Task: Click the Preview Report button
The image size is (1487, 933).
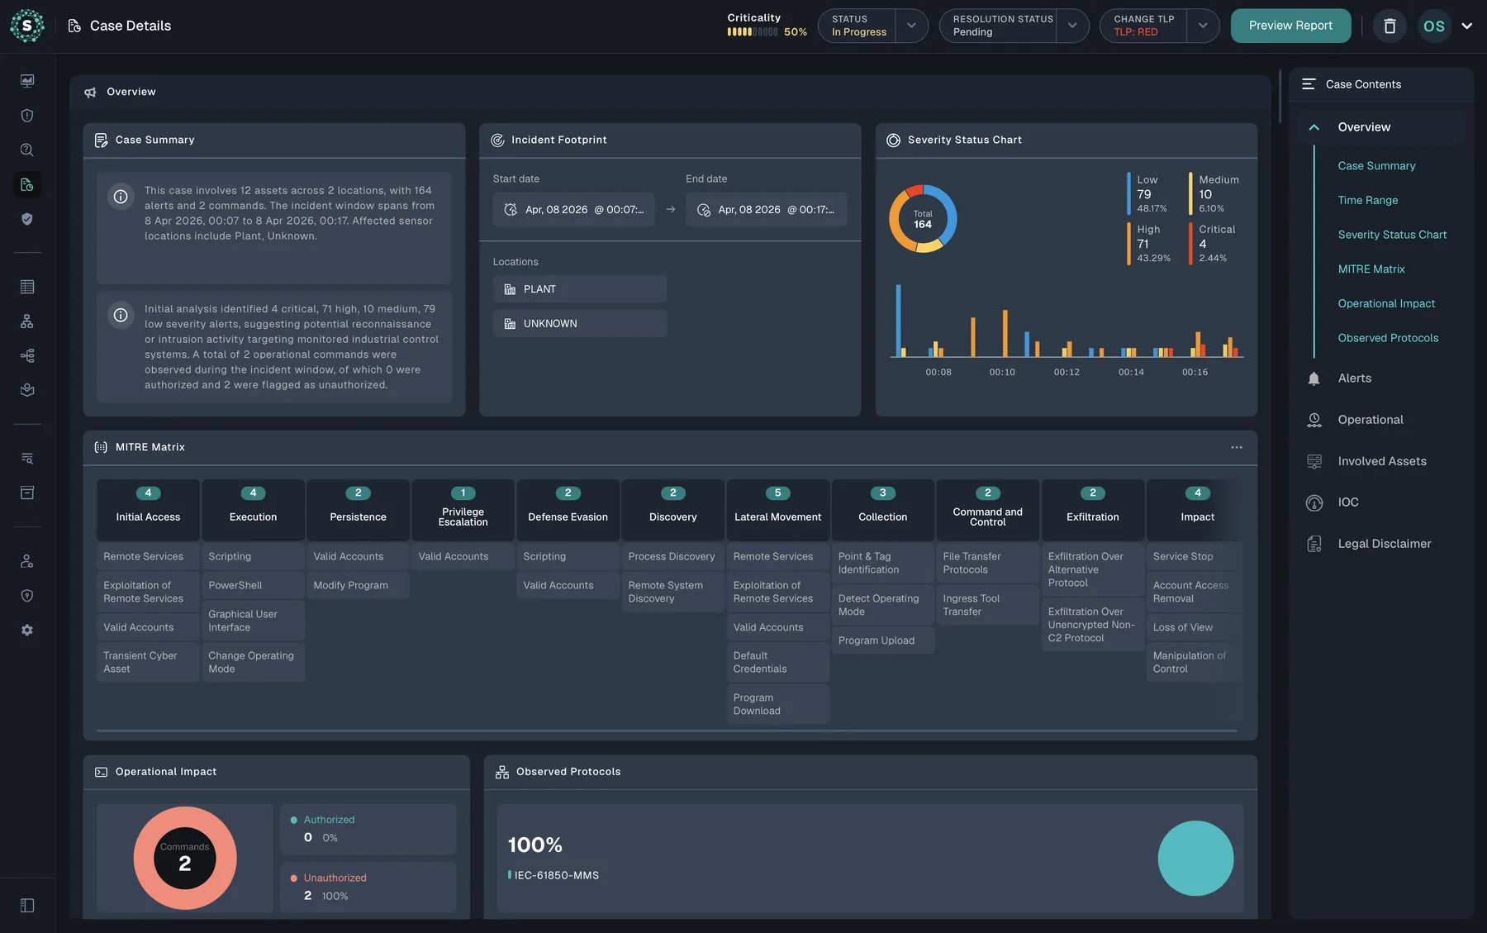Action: pyautogui.click(x=1290, y=26)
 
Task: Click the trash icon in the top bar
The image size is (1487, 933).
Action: pyautogui.click(x=1390, y=26)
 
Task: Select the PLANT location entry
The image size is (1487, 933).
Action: pyautogui.click(x=580, y=289)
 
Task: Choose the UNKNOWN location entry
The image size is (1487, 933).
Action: pyautogui.click(x=580, y=324)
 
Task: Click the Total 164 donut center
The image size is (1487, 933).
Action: pyautogui.click(x=923, y=219)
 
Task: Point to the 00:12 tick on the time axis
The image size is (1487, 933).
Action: pyautogui.click(x=1067, y=372)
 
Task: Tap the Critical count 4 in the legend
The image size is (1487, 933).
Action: pyautogui.click(x=1203, y=244)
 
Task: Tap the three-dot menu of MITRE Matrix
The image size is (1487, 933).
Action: pyautogui.click(x=1237, y=447)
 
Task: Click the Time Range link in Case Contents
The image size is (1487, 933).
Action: pyautogui.click(x=1368, y=200)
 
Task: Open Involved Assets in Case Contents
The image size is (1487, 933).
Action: pyautogui.click(x=1382, y=461)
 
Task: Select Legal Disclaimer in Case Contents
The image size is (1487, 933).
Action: pyautogui.click(x=1385, y=544)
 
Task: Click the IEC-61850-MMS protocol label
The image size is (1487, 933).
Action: pyautogui.click(x=557, y=875)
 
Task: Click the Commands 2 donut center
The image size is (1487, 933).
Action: pyautogui.click(x=185, y=858)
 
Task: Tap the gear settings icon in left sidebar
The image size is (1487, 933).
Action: pyautogui.click(x=27, y=630)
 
